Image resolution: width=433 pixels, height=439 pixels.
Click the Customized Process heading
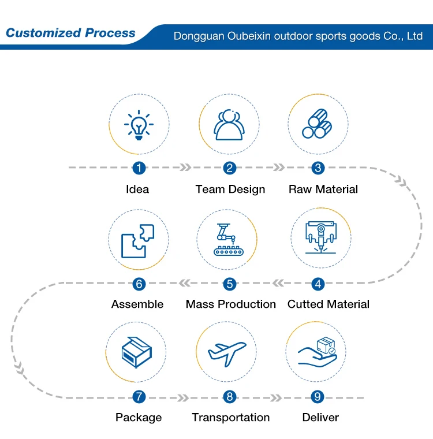click(70, 33)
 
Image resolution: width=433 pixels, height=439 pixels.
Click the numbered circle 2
click(230, 168)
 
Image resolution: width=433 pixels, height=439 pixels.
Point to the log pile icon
click(318, 125)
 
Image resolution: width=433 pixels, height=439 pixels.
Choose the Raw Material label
click(323, 189)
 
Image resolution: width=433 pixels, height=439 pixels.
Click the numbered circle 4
click(318, 284)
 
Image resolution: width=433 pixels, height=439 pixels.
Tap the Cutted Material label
click(329, 304)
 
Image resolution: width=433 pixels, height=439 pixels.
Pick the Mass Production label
click(231, 304)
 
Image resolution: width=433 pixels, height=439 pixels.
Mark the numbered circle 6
click(139, 284)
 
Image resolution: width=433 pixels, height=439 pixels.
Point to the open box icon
click(136, 352)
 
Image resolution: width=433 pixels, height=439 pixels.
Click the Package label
click(139, 418)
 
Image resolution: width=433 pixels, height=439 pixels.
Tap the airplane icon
click(226, 351)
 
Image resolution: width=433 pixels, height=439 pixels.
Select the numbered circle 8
click(230, 397)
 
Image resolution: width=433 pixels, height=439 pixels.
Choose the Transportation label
click(231, 418)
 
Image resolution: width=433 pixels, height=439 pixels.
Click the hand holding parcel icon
click(318, 352)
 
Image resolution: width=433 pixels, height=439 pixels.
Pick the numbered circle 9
click(318, 397)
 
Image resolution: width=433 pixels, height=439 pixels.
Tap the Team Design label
click(230, 189)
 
